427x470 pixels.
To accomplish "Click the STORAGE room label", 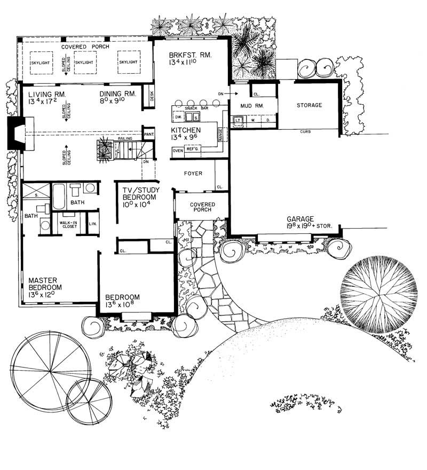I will click(x=310, y=105).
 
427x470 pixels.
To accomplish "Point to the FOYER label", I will click(x=193, y=173).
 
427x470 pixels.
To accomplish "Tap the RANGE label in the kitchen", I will click(x=220, y=137).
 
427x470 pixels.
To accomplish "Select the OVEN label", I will click(x=178, y=151).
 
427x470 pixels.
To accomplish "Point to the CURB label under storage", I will click(x=305, y=131).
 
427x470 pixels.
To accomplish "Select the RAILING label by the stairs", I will click(x=125, y=138).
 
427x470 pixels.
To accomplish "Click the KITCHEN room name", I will click(x=186, y=130).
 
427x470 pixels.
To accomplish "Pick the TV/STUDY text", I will click(x=137, y=187).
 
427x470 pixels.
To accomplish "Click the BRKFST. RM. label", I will click(x=191, y=55).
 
